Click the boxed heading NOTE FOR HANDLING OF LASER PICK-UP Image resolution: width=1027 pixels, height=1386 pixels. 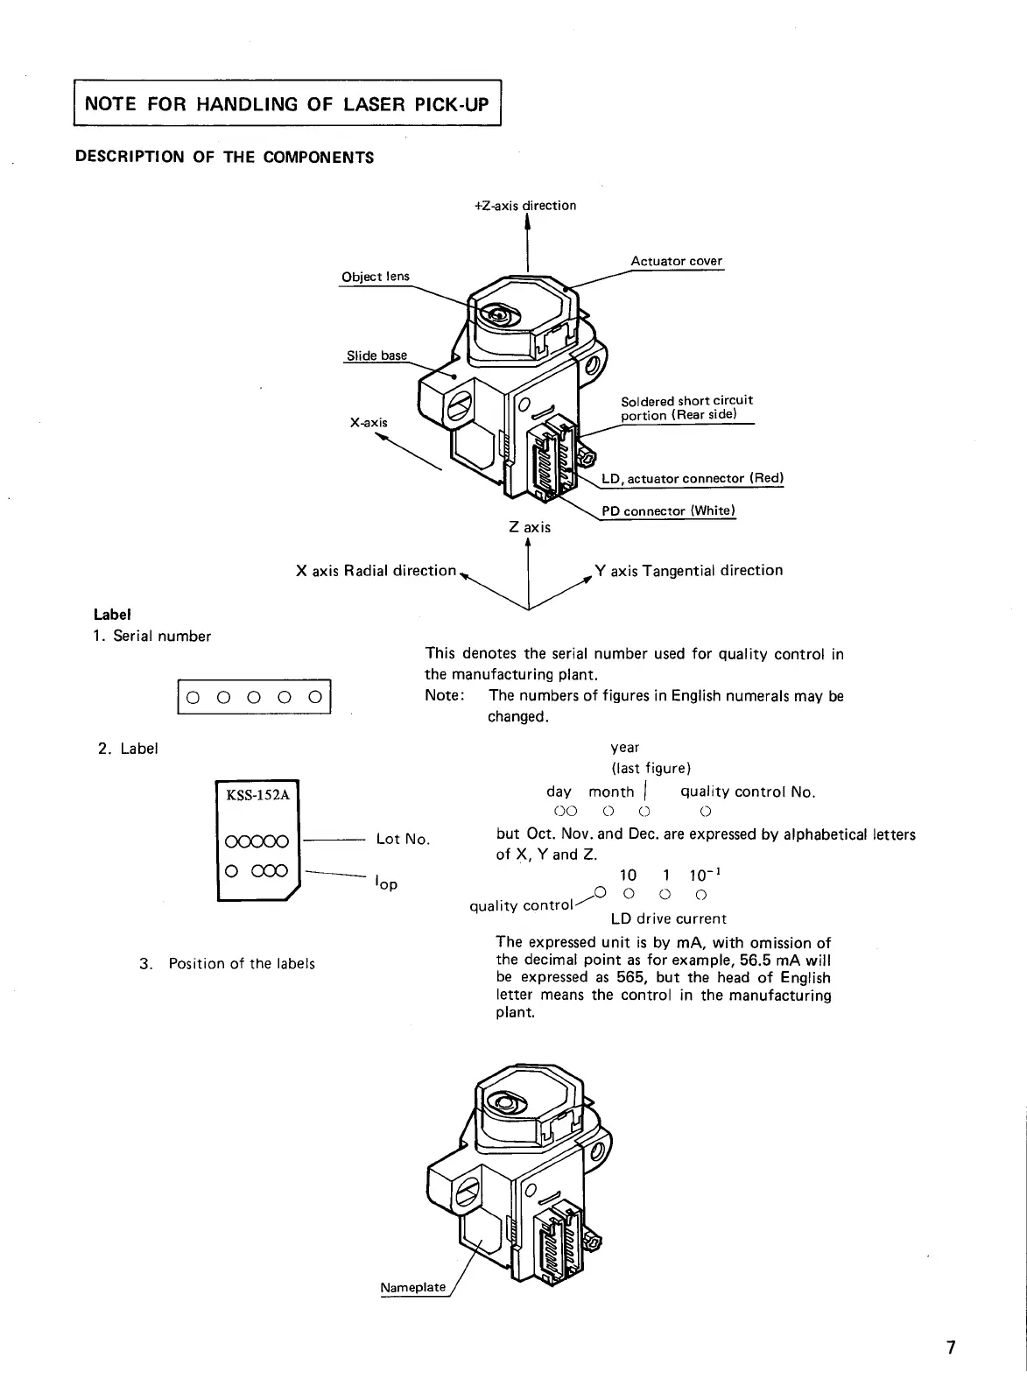pos(286,105)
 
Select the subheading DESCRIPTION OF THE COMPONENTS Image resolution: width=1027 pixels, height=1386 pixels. pos(224,158)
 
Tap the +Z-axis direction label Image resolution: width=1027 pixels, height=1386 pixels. pos(524,206)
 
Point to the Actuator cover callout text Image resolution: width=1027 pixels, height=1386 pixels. pos(676,261)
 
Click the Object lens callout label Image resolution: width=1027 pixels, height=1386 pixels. pos(375,277)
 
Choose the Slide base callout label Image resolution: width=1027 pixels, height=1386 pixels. pos(376,355)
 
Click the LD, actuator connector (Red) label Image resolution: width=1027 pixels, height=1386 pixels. pos(692,479)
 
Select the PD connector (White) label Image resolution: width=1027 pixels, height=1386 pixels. pos(668,511)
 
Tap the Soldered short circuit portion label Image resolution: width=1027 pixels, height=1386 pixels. pos(686,407)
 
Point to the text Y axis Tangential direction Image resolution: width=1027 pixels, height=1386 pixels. pos(688,571)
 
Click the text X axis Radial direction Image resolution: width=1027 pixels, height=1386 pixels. pos(376,571)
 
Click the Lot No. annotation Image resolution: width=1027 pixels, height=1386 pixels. pos(403,839)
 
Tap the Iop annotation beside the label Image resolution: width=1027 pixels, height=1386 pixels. pos(386,883)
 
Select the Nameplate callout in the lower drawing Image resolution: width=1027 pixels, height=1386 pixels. pos(412,1287)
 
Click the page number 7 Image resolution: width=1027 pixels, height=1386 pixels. pos(950,1347)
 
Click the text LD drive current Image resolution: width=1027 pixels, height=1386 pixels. pos(668,918)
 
